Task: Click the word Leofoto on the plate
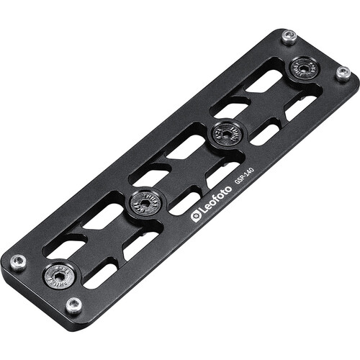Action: (215, 202)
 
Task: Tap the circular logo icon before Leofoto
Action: (195, 216)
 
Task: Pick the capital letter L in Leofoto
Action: (202, 211)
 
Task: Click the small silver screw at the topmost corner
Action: (288, 37)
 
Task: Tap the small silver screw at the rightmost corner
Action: (343, 73)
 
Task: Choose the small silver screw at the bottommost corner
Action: (73, 305)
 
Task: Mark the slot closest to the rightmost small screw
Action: (302, 106)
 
